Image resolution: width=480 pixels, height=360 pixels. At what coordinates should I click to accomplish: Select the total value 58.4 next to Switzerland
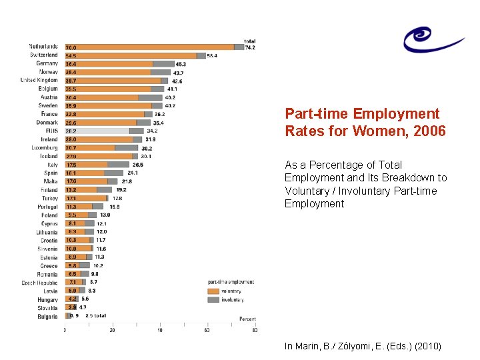212,56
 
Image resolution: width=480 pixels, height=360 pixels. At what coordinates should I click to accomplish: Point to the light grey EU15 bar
100,131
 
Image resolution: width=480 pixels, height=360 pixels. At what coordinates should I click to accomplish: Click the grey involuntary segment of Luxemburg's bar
126,148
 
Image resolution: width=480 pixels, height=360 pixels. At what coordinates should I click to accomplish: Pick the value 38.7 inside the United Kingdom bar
71,81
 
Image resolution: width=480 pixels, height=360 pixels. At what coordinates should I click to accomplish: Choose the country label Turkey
49,199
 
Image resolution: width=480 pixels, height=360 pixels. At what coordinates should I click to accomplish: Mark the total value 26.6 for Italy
137,165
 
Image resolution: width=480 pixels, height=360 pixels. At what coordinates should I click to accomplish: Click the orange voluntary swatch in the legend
213,291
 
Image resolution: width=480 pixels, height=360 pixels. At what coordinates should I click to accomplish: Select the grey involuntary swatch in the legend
213,300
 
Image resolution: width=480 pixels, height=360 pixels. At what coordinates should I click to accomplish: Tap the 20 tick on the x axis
112,330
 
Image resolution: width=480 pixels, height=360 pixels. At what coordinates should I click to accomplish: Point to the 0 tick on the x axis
65,330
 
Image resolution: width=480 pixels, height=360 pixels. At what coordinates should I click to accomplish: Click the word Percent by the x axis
247,319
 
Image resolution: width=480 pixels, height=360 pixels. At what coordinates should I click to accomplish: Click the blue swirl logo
432,37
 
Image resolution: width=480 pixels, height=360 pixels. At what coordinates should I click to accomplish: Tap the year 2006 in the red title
429,131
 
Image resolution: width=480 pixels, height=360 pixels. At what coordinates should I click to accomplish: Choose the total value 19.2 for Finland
121,190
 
